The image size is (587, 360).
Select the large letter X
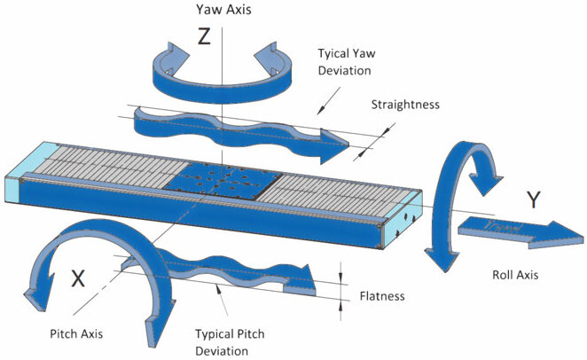pos(78,278)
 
